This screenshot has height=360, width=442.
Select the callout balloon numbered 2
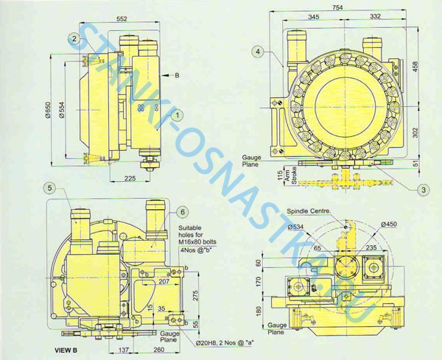[x=74, y=38]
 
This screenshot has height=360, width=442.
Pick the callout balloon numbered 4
[x=257, y=52]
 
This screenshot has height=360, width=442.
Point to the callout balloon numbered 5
[x=50, y=188]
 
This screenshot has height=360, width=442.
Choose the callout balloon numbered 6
[x=181, y=212]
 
